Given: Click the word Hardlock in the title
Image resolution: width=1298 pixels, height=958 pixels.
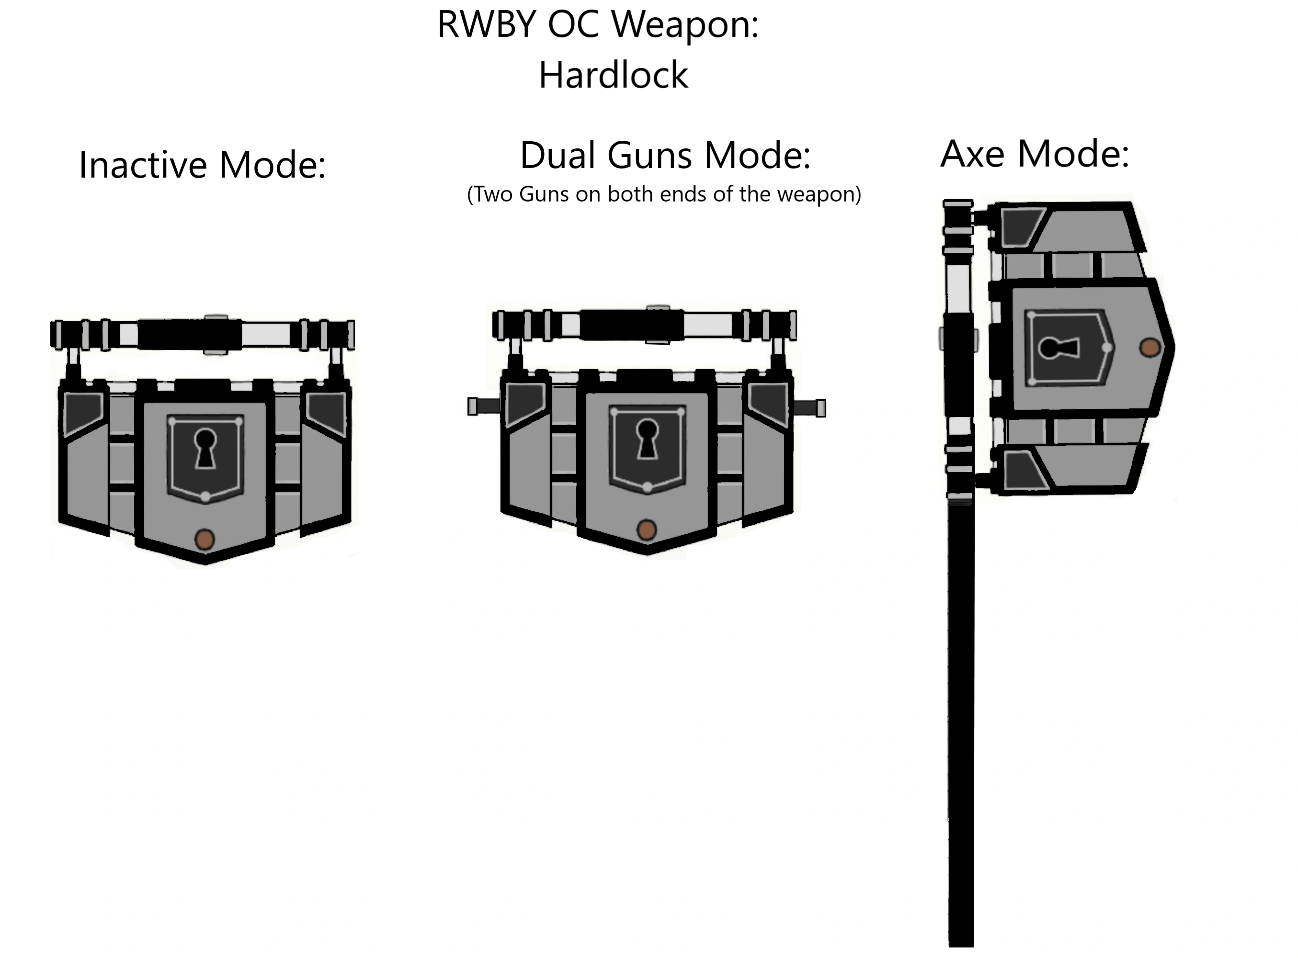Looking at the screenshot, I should pos(613,75).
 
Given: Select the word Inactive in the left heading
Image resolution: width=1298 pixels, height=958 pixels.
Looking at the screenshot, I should pos(143,165).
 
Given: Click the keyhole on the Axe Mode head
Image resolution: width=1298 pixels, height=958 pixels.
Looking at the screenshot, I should pos(1059,348).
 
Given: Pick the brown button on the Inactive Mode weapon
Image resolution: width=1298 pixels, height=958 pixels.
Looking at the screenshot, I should pos(204,539).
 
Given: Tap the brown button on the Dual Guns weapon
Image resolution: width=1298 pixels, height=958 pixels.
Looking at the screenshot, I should pos(647,530).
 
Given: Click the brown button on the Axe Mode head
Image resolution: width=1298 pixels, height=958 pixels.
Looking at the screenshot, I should pos(1150,348).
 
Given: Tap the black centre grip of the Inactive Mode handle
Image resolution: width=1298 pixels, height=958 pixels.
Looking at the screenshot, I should pos(189,335).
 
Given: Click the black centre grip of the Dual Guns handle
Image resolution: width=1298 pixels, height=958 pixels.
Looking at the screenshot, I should pos(631,326).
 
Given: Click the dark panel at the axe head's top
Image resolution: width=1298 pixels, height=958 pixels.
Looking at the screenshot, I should pos(1020,226).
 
